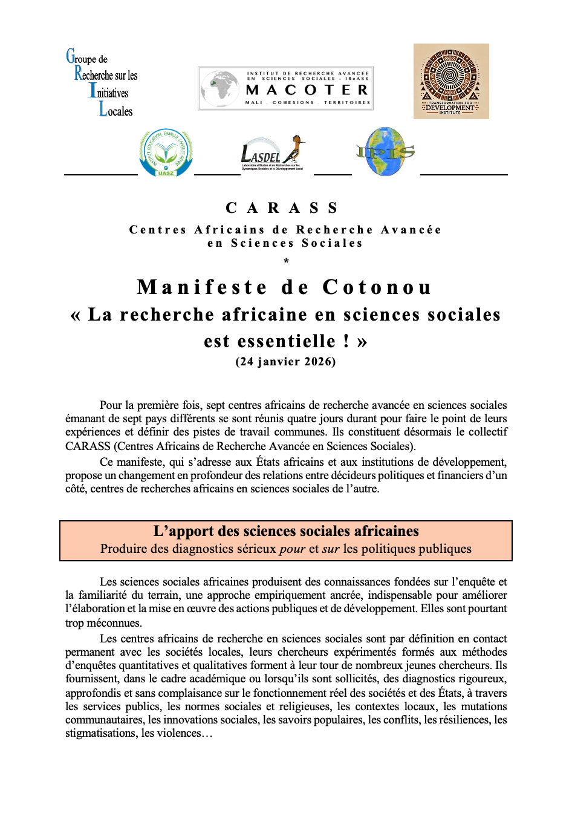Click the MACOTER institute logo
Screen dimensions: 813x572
click(x=285, y=88)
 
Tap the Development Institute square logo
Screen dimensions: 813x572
click(x=451, y=81)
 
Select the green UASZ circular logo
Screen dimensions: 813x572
click(x=166, y=152)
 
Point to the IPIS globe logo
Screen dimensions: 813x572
click(x=386, y=152)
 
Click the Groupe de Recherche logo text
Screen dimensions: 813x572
click(x=103, y=83)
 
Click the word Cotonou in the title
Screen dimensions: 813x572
click(x=377, y=287)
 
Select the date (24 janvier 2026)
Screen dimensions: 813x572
click(x=285, y=362)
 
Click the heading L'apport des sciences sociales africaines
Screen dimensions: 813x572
click(x=286, y=531)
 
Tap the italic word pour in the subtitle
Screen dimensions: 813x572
click(x=292, y=549)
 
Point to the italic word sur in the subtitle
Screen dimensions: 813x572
click(x=330, y=549)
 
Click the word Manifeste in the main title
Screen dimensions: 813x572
click(x=202, y=287)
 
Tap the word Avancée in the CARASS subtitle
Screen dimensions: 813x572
click(x=411, y=230)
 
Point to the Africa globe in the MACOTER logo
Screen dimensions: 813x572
click(x=219, y=88)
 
